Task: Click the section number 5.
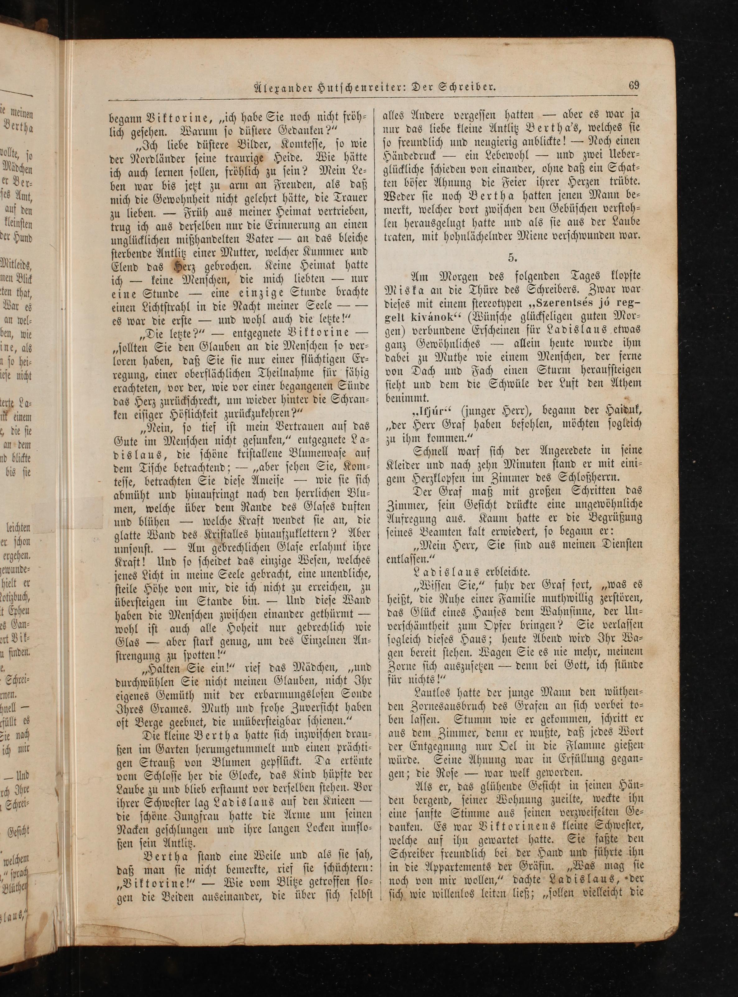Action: pos(512,257)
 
